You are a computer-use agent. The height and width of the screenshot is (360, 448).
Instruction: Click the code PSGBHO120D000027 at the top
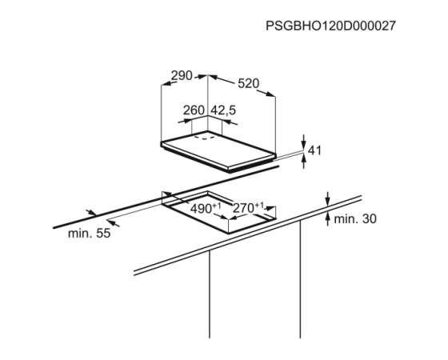point(330,26)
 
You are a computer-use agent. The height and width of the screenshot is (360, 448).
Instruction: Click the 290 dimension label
point(182,76)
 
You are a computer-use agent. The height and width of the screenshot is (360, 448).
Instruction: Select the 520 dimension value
point(249,83)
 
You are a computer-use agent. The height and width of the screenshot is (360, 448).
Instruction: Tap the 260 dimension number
point(194,110)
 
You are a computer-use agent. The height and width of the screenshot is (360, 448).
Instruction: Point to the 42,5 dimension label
point(223,110)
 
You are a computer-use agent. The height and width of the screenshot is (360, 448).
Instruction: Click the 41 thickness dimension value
point(315,150)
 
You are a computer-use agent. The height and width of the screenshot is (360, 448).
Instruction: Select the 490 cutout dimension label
point(206,208)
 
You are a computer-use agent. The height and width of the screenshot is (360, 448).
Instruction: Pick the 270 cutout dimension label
point(248,208)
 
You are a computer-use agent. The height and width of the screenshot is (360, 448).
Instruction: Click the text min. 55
point(89,234)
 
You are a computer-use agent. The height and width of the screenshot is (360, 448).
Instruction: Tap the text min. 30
point(355,219)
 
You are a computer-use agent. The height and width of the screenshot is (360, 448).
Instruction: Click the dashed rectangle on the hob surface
point(205,138)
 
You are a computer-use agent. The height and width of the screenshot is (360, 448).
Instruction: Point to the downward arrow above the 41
point(303,142)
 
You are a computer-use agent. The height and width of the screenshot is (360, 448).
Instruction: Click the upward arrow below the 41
point(303,161)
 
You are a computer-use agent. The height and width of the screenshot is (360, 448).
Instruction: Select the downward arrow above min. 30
point(328,199)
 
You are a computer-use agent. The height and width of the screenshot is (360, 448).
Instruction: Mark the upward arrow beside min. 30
point(328,219)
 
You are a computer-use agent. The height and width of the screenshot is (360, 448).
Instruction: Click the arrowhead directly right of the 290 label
point(201,77)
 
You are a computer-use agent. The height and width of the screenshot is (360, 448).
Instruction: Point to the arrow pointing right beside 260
point(185,121)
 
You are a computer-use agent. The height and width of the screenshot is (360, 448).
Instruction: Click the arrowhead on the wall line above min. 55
point(91,212)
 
